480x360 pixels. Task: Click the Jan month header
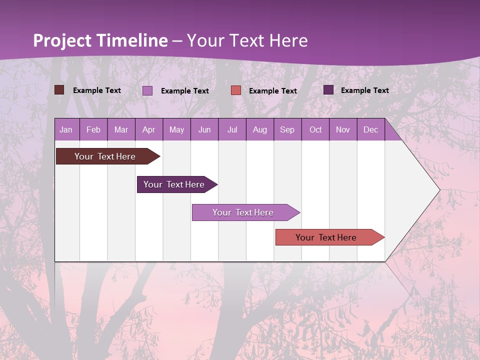pyautogui.click(x=66, y=130)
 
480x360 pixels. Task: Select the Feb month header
pyautogui.click(x=93, y=130)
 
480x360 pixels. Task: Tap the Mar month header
pyautogui.click(x=121, y=130)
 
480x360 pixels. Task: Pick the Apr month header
pyautogui.click(x=149, y=130)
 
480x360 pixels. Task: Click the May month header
pyautogui.click(x=176, y=130)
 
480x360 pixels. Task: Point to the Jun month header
pyautogui.click(x=204, y=130)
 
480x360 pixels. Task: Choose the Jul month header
pyautogui.click(x=232, y=130)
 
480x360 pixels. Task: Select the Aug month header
pyautogui.click(x=260, y=130)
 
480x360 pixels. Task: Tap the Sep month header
pyautogui.click(x=287, y=130)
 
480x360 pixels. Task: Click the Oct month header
pyautogui.click(x=315, y=130)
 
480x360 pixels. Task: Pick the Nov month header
pyautogui.click(x=343, y=130)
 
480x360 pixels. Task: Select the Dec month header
pyautogui.click(x=371, y=130)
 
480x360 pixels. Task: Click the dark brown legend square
pyautogui.click(x=59, y=90)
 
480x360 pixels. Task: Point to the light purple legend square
pyautogui.click(x=147, y=90)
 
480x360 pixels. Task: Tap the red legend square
pyautogui.click(x=236, y=90)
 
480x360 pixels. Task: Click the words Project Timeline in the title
pyautogui.click(x=100, y=40)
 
